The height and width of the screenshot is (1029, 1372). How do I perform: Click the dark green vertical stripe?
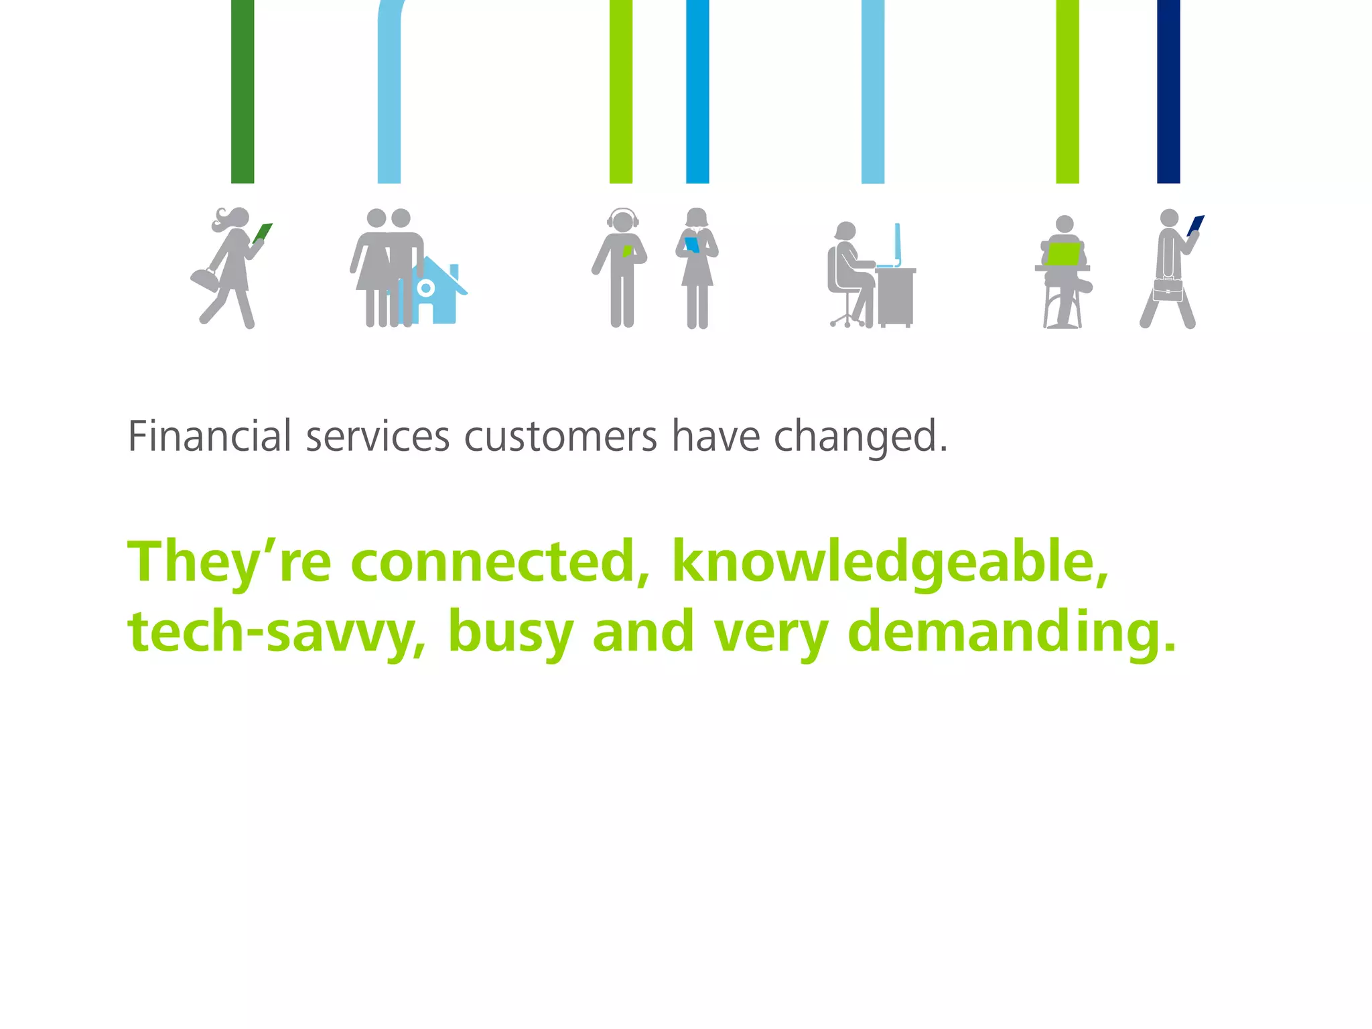(x=243, y=91)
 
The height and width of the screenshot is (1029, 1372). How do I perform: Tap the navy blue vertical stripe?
(x=1168, y=91)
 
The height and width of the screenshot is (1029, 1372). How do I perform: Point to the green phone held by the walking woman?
(x=263, y=232)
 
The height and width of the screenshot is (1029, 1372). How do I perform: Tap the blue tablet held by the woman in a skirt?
(x=692, y=245)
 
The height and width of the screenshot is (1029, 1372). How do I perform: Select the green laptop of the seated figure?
(x=1063, y=255)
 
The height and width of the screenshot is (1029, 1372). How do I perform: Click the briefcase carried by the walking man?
(x=1168, y=290)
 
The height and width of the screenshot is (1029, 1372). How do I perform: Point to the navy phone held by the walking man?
(x=1196, y=225)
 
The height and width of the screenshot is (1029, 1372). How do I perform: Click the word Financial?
(x=210, y=436)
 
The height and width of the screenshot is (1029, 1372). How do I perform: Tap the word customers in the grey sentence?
(x=561, y=437)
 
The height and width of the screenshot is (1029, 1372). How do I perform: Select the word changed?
(x=860, y=437)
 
